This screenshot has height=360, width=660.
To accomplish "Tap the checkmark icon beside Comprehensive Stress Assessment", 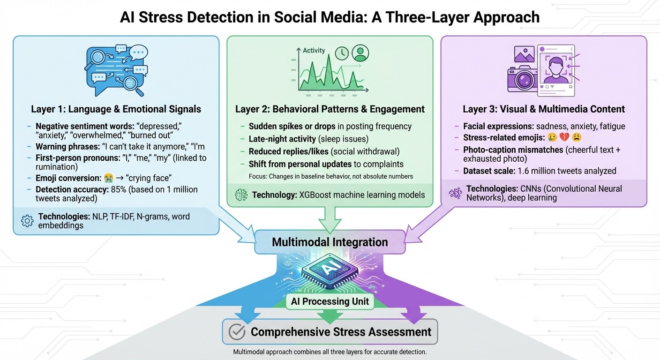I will [237, 332].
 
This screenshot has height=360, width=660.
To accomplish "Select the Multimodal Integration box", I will [330, 242].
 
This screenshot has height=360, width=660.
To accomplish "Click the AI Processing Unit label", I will [330, 301].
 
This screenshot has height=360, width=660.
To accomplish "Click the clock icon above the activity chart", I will [342, 53].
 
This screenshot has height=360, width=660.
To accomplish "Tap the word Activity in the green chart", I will [314, 51].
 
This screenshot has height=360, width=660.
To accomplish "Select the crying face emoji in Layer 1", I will [109, 179].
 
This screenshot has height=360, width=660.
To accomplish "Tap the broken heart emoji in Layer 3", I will [561, 138].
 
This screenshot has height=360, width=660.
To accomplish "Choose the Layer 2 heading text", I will [330, 109].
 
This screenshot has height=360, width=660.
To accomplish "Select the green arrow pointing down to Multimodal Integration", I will [330, 218].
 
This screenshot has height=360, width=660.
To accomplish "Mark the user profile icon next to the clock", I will [360, 53].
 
